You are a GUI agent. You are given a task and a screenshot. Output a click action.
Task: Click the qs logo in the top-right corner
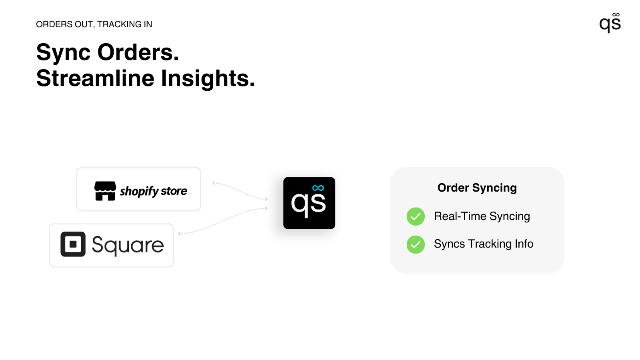click(610, 23)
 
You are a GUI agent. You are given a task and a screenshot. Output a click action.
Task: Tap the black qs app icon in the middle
click(309, 203)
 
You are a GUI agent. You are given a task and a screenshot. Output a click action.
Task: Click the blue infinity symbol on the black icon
click(318, 188)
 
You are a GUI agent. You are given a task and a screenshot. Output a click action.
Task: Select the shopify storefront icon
click(105, 191)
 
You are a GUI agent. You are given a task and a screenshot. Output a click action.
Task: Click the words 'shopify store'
click(154, 191)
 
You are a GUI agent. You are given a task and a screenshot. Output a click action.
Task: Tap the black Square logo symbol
click(73, 244)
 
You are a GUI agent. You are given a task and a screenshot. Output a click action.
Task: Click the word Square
click(128, 245)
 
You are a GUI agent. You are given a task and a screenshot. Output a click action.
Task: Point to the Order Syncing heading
click(477, 188)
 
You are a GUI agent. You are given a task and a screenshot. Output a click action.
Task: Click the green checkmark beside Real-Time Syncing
click(416, 216)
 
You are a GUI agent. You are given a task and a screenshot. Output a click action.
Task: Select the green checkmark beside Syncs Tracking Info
click(416, 244)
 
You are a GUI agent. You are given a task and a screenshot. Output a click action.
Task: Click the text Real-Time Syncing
click(482, 216)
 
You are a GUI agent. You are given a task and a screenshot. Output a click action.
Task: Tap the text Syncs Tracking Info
click(483, 244)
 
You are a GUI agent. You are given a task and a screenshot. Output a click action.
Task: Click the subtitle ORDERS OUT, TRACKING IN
click(94, 24)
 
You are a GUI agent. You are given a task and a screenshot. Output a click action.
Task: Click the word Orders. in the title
click(138, 52)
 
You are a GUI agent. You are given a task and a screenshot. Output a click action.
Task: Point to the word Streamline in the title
click(95, 78)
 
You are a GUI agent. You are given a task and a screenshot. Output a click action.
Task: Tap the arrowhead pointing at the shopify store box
click(214, 183)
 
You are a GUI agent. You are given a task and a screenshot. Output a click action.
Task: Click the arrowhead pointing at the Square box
click(180, 233)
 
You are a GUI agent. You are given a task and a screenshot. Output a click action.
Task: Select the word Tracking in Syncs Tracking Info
click(490, 244)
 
